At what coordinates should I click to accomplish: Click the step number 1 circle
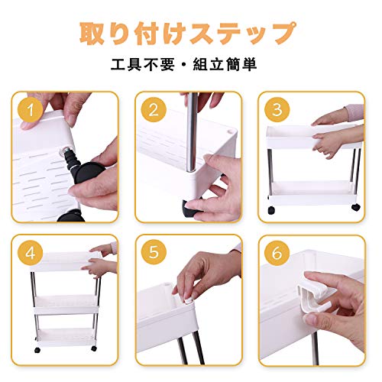[x=30, y=110]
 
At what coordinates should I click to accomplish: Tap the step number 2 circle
[x=154, y=110]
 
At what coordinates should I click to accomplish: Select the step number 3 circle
[x=277, y=110]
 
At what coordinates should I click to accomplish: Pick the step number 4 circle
[x=30, y=253]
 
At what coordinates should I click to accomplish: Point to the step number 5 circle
[x=154, y=253]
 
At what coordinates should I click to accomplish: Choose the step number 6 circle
[x=277, y=253]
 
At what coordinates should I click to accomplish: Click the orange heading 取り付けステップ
[x=188, y=34]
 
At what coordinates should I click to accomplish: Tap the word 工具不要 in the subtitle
[x=143, y=64]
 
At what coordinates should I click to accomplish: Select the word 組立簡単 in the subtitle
[x=225, y=64]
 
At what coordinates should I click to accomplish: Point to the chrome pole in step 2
[x=192, y=132]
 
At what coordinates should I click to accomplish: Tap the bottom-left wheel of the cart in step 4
[x=37, y=350]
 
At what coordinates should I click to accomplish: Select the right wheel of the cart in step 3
[x=356, y=207]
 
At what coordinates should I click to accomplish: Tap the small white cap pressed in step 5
[x=189, y=300]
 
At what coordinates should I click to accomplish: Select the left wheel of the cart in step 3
[x=271, y=210]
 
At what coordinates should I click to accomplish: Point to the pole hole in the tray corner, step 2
[x=231, y=131]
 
